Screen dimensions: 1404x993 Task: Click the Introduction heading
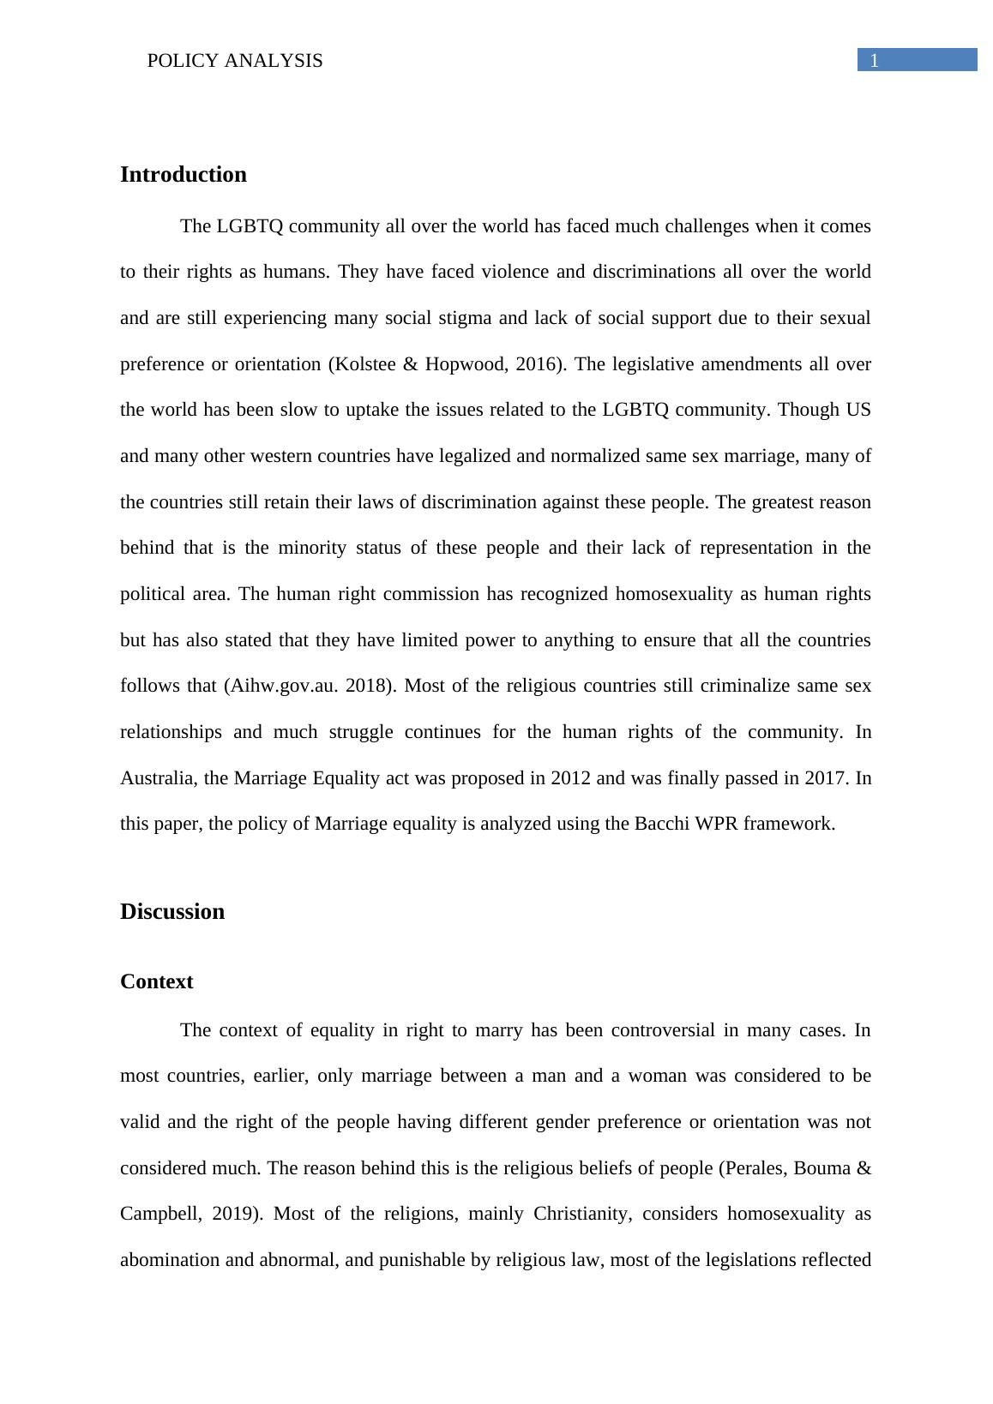(x=183, y=175)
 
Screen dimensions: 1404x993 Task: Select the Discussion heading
(x=172, y=912)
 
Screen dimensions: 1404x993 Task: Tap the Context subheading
(x=156, y=982)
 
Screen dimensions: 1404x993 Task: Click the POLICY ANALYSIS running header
(x=235, y=61)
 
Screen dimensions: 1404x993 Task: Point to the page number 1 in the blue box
(x=874, y=60)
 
